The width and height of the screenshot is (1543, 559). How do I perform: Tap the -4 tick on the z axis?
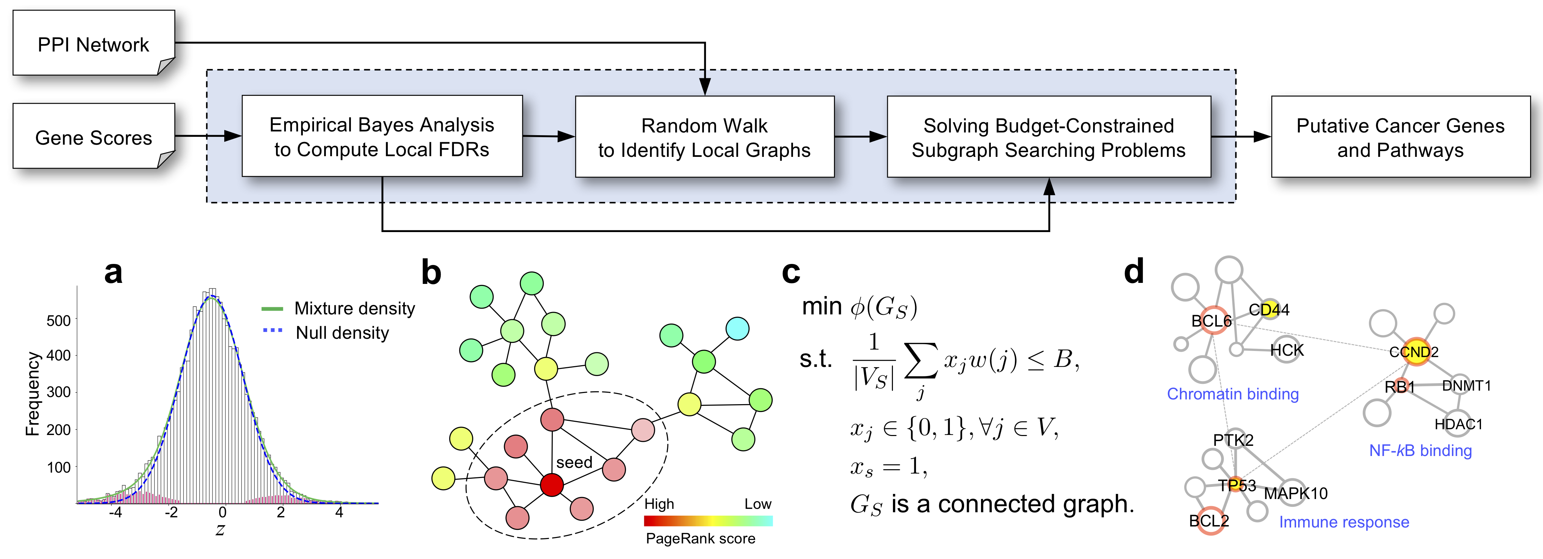pos(116,513)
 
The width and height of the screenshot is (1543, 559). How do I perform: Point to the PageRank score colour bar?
pos(708,521)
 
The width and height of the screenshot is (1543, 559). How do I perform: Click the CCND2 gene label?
pos(1414,352)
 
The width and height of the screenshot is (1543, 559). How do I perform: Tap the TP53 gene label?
pos(1237,485)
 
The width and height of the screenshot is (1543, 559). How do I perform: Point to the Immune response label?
pos(1344,522)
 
